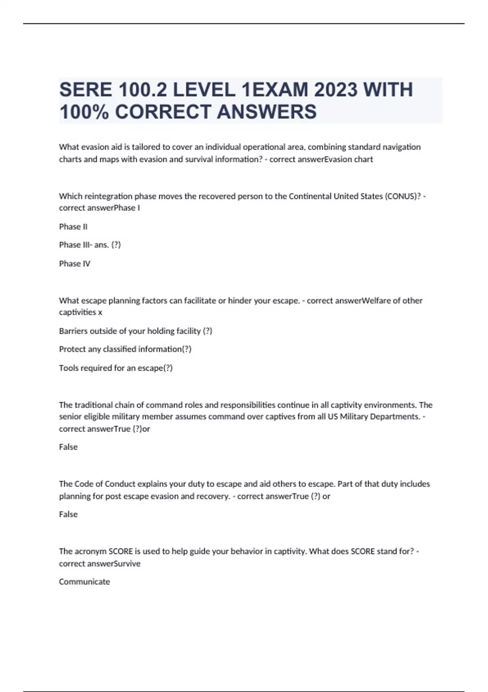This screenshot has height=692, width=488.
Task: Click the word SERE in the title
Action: click(x=85, y=90)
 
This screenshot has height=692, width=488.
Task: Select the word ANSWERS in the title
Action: click(x=267, y=112)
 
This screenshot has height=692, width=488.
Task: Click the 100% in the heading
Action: click(x=84, y=112)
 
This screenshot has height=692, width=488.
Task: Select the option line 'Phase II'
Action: click(x=73, y=227)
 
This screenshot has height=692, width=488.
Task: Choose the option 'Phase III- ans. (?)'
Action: click(x=90, y=245)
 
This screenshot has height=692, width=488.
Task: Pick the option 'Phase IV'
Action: click(x=74, y=264)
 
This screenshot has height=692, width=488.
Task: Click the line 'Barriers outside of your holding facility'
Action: click(x=135, y=331)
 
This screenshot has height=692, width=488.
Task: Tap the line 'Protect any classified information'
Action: click(x=125, y=349)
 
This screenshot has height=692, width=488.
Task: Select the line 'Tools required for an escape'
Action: click(x=115, y=368)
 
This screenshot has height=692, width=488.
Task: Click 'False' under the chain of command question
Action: click(x=68, y=447)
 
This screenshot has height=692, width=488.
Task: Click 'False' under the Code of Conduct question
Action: click(x=68, y=515)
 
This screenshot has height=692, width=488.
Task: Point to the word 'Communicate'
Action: click(x=85, y=582)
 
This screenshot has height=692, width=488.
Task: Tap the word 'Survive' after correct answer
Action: click(x=127, y=564)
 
